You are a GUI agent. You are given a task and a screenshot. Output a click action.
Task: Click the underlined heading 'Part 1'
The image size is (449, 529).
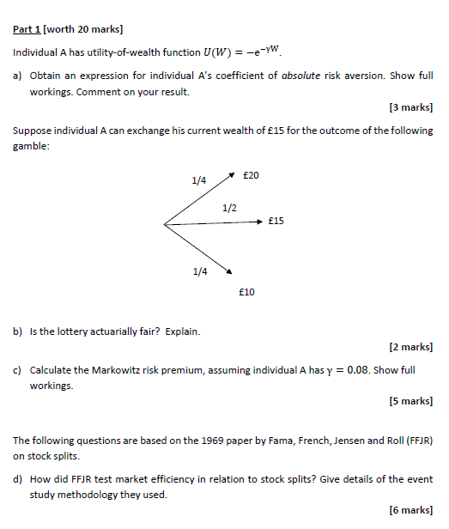[27, 29]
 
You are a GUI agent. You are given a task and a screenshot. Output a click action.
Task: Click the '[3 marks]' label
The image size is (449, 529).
[410, 108]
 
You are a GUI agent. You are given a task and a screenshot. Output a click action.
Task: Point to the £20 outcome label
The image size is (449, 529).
[251, 175]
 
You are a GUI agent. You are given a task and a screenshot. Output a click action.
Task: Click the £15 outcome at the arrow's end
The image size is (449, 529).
[276, 221]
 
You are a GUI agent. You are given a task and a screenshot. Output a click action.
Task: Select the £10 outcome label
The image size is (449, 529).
[246, 292]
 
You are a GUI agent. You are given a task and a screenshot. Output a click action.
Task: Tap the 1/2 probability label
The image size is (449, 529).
[229, 208]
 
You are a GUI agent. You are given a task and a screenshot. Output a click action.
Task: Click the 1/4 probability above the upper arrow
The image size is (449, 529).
[199, 180]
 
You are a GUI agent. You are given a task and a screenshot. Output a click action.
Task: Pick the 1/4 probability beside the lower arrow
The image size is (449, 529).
[200, 271]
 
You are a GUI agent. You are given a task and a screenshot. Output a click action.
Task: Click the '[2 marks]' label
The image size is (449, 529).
[410, 347]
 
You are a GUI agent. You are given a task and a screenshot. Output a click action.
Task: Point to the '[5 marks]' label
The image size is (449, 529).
[410, 401]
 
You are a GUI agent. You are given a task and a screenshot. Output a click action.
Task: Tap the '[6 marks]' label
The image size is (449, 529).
[410, 510]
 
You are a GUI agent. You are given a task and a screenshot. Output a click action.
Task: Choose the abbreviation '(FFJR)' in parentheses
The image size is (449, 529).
[416, 441]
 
